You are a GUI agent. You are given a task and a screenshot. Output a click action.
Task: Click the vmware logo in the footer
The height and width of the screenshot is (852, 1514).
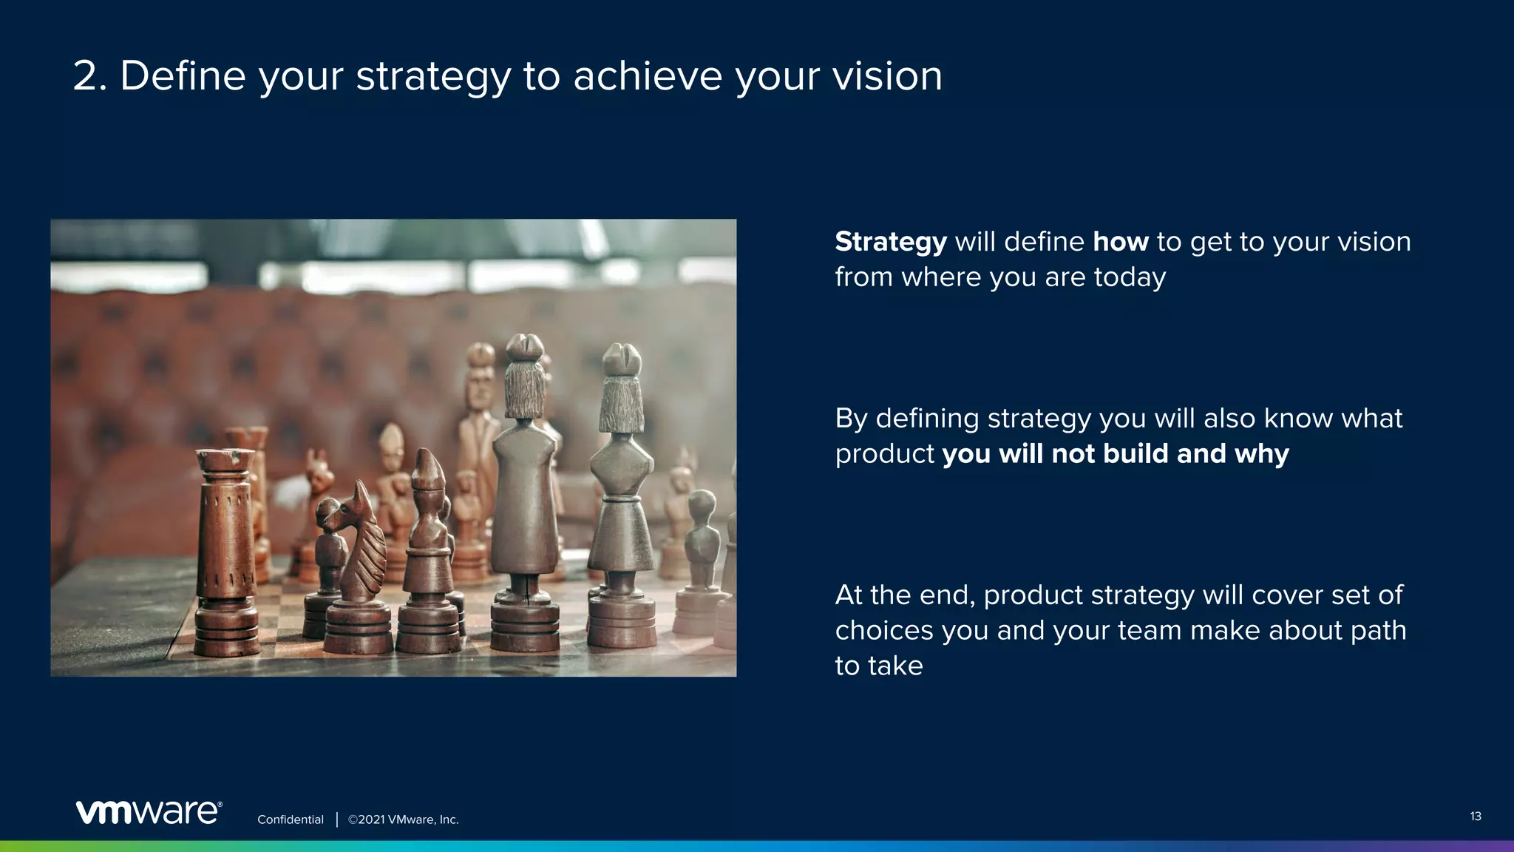(149, 811)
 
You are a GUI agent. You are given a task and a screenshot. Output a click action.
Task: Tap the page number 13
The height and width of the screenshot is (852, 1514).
(1475, 816)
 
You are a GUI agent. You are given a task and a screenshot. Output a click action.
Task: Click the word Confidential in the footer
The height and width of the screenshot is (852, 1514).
(290, 819)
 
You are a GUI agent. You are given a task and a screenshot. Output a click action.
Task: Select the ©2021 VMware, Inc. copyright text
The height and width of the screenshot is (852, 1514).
(403, 819)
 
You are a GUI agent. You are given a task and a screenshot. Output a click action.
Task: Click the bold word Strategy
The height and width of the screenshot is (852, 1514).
(890, 243)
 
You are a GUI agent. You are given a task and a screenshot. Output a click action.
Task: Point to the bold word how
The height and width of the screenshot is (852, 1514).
(1120, 242)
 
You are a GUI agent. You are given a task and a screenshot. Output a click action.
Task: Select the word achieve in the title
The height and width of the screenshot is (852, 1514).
(647, 76)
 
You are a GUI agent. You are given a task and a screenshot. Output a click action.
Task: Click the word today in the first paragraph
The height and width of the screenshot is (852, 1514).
(1130, 277)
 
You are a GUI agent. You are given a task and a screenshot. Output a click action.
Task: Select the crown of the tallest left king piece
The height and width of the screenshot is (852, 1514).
(525, 347)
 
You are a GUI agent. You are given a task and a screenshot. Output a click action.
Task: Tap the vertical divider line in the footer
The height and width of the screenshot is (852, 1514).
(336, 819)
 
